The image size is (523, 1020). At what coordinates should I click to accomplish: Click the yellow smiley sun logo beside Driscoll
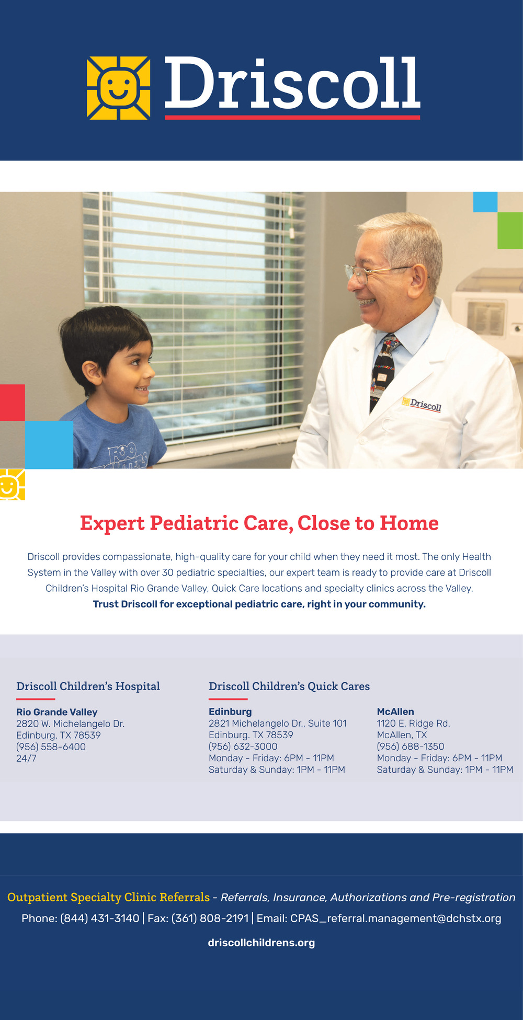tap(118, 88)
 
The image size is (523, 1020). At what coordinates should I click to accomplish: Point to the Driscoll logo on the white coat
tap(422, 404)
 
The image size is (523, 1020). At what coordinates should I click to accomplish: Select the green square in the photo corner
tap(510, 230)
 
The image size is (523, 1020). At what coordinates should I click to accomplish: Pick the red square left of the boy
tap(12, 403)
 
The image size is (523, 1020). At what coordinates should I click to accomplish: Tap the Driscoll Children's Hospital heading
tap(88, 686)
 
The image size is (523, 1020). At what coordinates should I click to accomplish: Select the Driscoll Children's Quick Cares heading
tap(289, 686)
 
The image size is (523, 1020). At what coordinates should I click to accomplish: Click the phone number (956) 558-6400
tap(51, 747)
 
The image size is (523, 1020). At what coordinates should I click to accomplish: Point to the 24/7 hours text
tap(26, 758)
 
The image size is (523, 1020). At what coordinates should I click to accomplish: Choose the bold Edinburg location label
tap(230, 712)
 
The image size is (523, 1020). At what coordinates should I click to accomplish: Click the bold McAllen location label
tap(395, 712)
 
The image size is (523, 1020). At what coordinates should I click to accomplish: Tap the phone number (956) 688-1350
tap(411, 747)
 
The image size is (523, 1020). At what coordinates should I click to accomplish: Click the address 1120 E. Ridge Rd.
tap(413, 724)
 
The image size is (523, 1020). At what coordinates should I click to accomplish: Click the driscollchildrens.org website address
tap(261, 943)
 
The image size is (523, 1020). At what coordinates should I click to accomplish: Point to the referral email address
tap(396, 918)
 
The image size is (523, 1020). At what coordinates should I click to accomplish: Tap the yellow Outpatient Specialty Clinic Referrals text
tap(108, 897)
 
